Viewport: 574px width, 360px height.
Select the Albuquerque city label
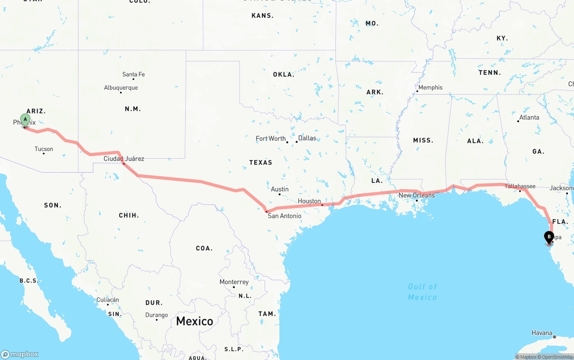point(121,88)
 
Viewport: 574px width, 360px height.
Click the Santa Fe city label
point(134,74)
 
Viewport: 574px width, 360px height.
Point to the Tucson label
point(44,149)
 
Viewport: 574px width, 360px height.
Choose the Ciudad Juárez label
point(124,159)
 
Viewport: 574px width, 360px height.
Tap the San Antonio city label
point(284,216)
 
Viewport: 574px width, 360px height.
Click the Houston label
point(309,201)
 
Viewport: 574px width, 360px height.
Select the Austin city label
point(280,189)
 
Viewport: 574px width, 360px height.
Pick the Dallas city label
point(307,138)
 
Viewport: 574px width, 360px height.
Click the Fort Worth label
point(271,139)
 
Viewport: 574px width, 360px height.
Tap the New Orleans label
point(417,195)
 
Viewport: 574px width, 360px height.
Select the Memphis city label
point(430,87)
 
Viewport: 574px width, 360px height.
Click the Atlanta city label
point(529,117)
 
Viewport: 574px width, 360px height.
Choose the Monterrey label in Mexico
point(234,282)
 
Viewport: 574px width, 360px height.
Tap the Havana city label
point(542,333)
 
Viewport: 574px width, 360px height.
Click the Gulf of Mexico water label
point(422,292)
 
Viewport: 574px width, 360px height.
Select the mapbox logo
point(20,355)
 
